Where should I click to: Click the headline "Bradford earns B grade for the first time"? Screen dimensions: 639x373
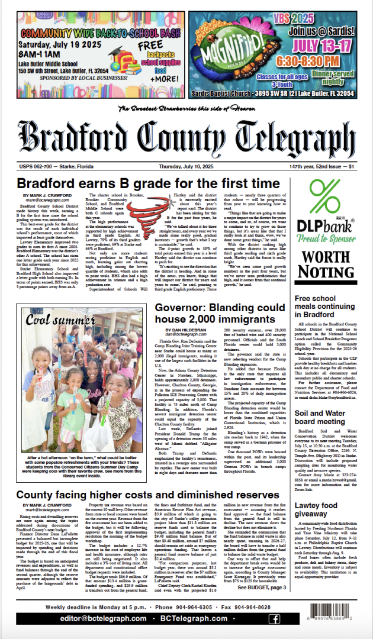coord(148,183)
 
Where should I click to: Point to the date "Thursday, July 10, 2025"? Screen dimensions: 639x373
coord(186,168)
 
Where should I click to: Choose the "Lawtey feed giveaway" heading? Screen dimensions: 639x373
coord(320,493)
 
